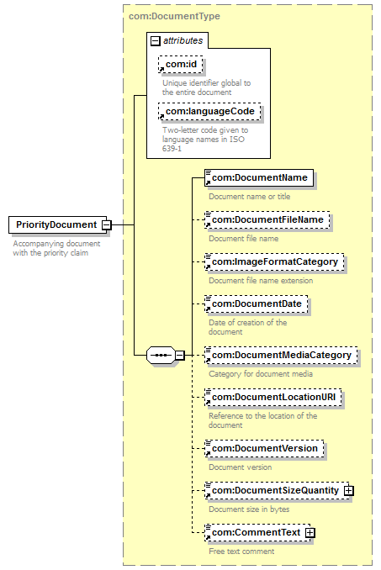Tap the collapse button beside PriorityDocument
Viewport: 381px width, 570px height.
tap(106, 225)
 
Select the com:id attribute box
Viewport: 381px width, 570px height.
tap(181, 65)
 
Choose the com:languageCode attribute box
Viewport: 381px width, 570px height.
tap(209, 111)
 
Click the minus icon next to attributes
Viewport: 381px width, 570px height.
tap(156, 40)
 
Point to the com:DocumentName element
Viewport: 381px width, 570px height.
tap(259, 177)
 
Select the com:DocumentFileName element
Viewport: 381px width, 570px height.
tap(267, 220)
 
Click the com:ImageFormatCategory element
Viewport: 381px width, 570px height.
tap(274, 261)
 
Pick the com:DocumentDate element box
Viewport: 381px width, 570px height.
tap(257, 303)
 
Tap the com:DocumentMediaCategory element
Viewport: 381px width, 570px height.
tap(281, 355)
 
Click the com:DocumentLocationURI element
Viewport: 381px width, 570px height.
tap(273, 398)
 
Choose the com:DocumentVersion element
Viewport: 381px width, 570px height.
tap(264, 449)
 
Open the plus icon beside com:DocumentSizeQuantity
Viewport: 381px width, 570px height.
tap(349, 491)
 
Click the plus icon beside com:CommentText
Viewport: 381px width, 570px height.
tap(310, 533)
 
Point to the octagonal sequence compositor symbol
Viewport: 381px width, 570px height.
tap(161, 355)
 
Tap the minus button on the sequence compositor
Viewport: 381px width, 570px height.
tap(180, 355)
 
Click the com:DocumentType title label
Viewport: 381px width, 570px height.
tap(174, 16)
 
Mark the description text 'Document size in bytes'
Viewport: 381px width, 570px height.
tap(249, 509)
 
